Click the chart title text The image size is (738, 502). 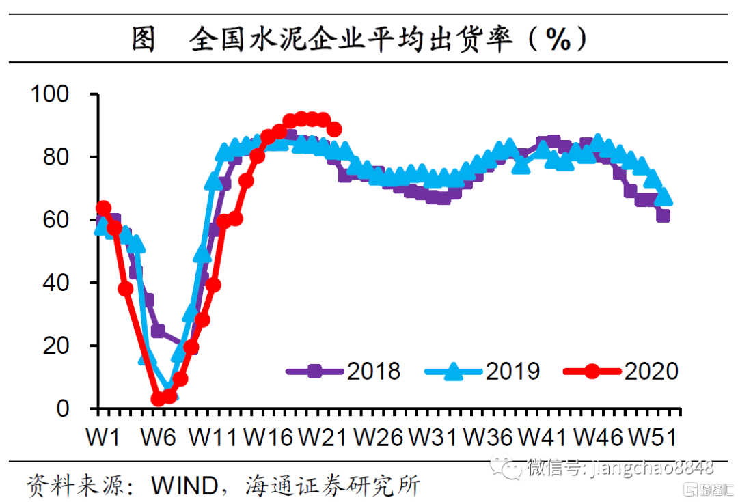(360, 40)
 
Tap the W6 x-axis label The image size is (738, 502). (159, 437)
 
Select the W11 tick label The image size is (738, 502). (213, 437)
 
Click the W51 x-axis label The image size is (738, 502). (653, 437)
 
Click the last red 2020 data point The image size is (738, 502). (334, 130)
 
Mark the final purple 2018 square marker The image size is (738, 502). (663, 216)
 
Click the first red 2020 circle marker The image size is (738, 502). (103, 208)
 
